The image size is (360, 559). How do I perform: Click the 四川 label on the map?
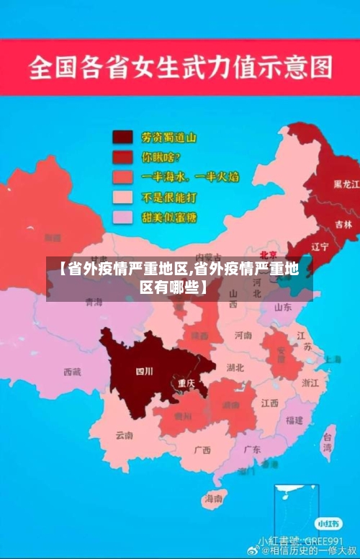coord(144,372)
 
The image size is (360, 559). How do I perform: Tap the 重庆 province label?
coord(186,383)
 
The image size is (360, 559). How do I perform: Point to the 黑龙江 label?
coord(346,184)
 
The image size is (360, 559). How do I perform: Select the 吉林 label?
coord(344,224)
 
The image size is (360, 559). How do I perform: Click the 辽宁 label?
coord(320,246)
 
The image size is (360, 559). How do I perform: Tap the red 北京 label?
coord(268,254)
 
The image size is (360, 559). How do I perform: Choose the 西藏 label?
coord(72,372)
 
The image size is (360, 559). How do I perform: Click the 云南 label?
coord(124,435)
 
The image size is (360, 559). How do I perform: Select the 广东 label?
coord(252,449)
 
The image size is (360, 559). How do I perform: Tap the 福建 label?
coord(294,420)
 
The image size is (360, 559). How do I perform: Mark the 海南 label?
coord(213,498)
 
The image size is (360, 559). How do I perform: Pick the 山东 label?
coord(282,307)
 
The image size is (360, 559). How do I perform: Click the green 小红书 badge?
coord(327,522)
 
